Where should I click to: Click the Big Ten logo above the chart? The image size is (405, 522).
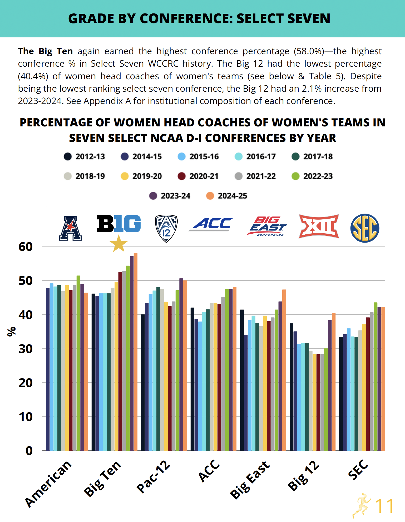coord(118,224)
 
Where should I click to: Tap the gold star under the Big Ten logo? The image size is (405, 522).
coord(118,243)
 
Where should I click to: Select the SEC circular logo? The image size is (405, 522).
coord(365,228)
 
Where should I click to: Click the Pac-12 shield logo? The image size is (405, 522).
coord(166,228)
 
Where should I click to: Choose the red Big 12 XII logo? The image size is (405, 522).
coord(319,226)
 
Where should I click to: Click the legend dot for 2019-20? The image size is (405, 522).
coord(125,176)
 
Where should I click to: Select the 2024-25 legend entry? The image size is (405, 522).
coord(226,196)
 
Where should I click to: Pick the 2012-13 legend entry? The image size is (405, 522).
coord(84,156)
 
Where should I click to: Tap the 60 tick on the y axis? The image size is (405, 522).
coord(26,247)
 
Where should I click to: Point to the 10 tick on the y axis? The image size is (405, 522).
coord(26,417)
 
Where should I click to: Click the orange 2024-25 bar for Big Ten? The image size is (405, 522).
coord(136,352)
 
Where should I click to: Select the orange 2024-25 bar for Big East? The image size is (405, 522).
coord(284,370)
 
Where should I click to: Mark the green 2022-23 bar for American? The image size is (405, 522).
coord(78,363)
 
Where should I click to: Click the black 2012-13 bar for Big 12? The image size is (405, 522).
coord(292,387)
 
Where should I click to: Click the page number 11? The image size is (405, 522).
coord(384,505)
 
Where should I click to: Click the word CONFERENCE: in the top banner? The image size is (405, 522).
coord(186,18)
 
